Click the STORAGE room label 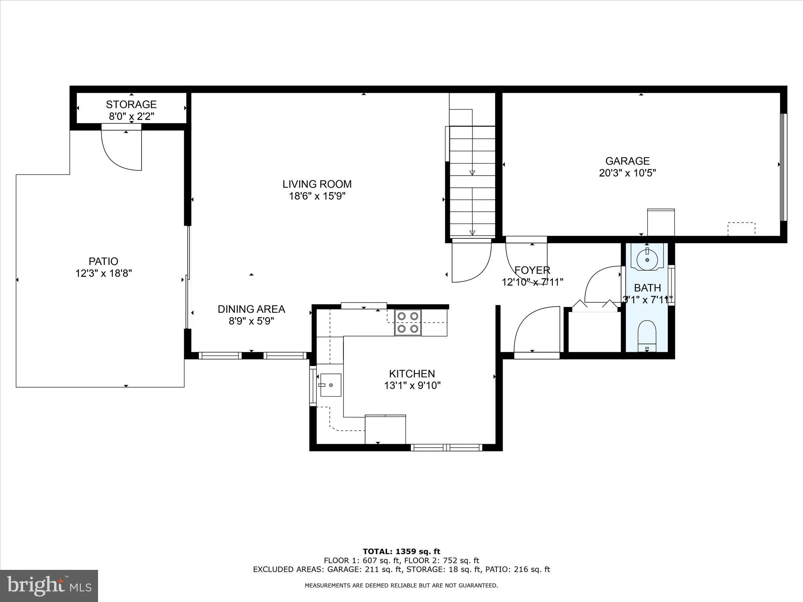click(x=131, y=104)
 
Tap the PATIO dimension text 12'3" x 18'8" click(x=104, y=273)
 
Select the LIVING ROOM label click(x=317, y=184)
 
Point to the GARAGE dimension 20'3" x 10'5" click(x=627, y=173)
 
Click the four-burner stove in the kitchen click(x=408, y=323)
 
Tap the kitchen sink click(x=330, y=385)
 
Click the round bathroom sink click(x=647, y=259)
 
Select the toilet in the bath click(x=647, y=335)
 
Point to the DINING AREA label click(x=251, y=309)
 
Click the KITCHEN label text click(x=412, y=374)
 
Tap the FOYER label click(x=532, y=270)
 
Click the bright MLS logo click(x=49, y=586)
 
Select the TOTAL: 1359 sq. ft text click(x=401, y=551)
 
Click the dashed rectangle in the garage click(x=741, y=229)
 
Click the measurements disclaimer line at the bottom click(x=401, y=586)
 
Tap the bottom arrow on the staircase click(x=472, y=233)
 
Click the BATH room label click(x=647, y=288)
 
